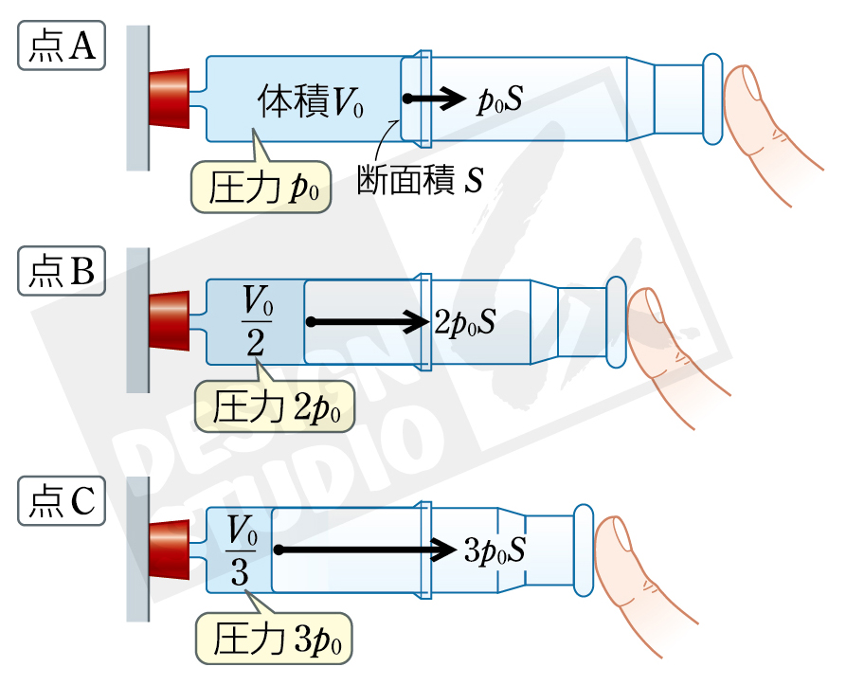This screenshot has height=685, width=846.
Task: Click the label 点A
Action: point(62,45)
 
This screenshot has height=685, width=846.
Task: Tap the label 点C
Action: point(62,500)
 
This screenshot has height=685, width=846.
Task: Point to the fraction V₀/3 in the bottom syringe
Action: point(240,550)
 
